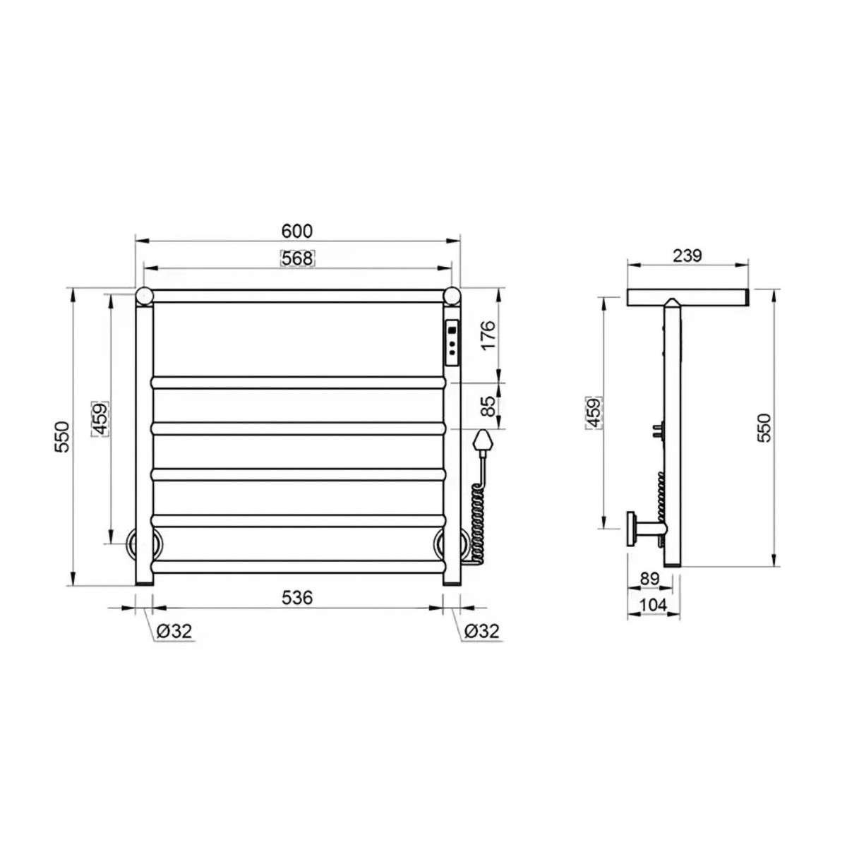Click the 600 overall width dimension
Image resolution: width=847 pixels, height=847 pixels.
pos(297,232)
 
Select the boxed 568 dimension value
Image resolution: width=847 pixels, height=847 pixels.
pos(297,258)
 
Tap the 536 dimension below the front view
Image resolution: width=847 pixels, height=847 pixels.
pos(297,597)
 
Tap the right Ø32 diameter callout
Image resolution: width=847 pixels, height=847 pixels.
pos(481,632)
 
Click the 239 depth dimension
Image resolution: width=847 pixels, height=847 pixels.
pos(687,256)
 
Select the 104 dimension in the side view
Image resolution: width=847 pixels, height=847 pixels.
pos(653,605)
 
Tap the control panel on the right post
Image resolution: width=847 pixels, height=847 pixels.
pos(452,343)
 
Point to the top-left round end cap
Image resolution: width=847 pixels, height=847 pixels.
pos(144,295)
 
